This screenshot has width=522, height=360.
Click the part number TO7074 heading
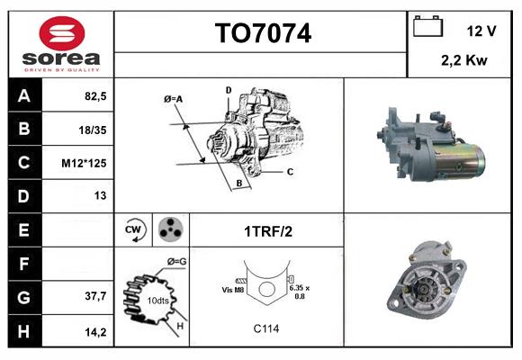coord(263,34)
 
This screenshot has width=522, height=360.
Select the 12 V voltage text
coord(481,31)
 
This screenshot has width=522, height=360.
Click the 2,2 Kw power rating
coord(465,60)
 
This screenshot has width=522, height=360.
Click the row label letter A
coord(23,94)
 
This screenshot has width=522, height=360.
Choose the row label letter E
coord(23,230)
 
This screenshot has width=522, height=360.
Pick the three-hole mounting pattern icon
coord(169,230)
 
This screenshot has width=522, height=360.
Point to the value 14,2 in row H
coord(94,332)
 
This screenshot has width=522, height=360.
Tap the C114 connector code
coord(265,328)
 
